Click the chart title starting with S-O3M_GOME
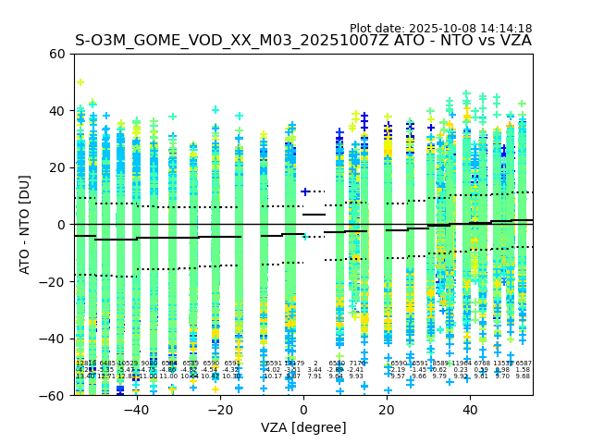click(302, 41)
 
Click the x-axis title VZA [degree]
click(302, 427)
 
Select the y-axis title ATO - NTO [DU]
click(25, 225)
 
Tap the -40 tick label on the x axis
click(136, 410)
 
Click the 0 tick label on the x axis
click(303, 410)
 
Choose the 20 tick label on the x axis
click(387, 410)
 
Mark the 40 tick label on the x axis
click(470, 410)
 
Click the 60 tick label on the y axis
click(56, 54)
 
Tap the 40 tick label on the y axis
click(56, 111)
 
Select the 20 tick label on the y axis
click(56, 167)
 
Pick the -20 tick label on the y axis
click(53, 281)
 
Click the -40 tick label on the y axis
click(53, 339)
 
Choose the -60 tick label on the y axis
click(53, 395)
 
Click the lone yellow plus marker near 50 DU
click(80, 82)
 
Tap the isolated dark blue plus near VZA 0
click(305, 192)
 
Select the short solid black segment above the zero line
click(314, 215)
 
